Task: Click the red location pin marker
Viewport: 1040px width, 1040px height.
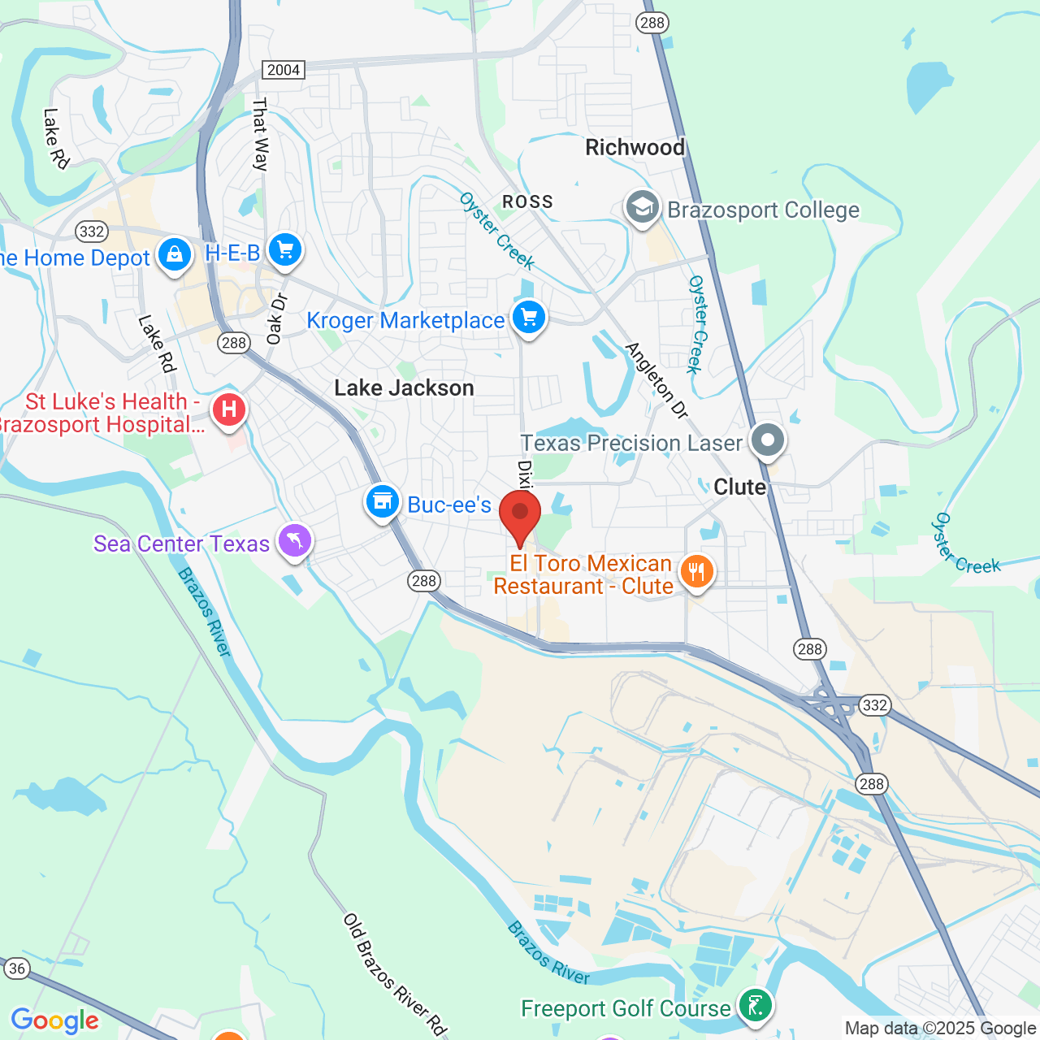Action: pos(520,515)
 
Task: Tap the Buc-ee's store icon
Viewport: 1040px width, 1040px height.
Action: pos(382,502)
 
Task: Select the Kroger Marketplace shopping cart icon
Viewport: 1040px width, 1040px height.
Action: pos(529,317)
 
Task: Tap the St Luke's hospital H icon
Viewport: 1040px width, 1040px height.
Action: pos(229,409)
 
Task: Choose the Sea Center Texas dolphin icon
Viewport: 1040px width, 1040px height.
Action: pos(295,540)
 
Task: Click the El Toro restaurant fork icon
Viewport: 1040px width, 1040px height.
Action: pos(696,572)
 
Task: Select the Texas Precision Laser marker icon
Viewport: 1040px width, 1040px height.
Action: pos(768,440)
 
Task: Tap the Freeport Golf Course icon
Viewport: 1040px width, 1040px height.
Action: pos(756,1006)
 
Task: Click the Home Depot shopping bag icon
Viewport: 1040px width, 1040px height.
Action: pos(175,255)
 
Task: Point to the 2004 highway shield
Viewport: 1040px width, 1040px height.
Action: pos(284,70)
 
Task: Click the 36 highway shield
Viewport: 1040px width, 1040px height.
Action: pos(17,968)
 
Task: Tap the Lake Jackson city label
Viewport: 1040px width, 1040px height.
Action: pos(404,388)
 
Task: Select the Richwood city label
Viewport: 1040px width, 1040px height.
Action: pos(635,147)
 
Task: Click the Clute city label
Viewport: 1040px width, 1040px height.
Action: pos(739,487)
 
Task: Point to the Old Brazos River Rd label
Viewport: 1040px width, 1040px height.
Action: pos(395,975)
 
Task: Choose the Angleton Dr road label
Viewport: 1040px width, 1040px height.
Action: pos(656,380)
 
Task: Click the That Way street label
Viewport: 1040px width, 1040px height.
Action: pos(260,134)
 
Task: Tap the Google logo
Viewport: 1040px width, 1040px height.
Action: pos(55,1021)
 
